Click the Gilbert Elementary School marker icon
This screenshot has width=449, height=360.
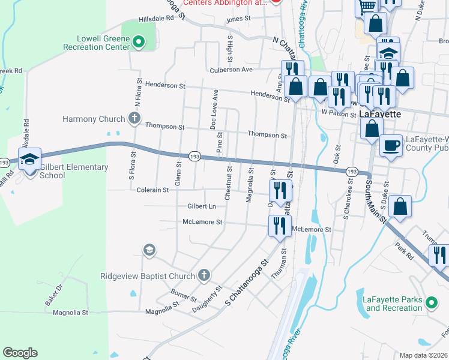[29, 159]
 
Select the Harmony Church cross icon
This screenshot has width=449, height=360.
[134, 119]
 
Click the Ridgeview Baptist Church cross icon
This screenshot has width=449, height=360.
[203, 276]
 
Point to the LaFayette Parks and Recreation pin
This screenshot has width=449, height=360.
[431, 304]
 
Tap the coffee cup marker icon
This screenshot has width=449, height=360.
[391, 145]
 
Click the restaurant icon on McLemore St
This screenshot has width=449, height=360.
[279, 226]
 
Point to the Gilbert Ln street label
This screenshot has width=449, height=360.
[201, 206]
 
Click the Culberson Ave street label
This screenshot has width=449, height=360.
[231, 70]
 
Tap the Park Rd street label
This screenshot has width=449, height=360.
[405, 251]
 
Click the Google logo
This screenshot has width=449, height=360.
[20, 353]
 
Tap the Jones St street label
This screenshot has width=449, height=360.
[238, 20]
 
